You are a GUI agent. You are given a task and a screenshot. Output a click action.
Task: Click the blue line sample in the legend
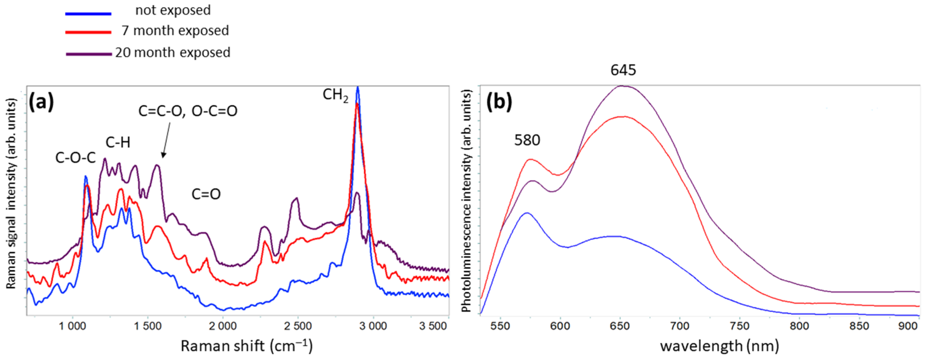[x=88, y=14]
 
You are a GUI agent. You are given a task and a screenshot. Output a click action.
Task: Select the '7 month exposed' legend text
[x=175, y=31]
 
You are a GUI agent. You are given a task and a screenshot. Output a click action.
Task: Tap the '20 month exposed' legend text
[x=173, y=53]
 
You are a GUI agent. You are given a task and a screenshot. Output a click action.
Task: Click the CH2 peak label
[x=335, y=95]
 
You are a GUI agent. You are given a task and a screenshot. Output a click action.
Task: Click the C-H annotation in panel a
[x=118, y=143]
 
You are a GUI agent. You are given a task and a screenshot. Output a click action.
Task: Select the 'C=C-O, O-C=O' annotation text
[x=188, y=111]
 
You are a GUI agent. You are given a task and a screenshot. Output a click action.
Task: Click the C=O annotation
[x=206, y=194]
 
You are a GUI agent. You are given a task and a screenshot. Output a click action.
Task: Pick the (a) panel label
[x=41, y=102]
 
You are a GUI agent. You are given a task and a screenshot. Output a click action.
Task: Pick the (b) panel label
[x=499, y=102]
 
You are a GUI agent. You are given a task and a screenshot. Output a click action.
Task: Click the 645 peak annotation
[x=623, y=70]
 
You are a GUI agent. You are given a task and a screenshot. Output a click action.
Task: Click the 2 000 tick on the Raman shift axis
[x=223, y=327]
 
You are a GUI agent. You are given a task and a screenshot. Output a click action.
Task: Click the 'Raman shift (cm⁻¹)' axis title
[x=246, y=346]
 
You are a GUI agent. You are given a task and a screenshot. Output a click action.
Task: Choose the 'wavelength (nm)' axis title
[x=720, y=346]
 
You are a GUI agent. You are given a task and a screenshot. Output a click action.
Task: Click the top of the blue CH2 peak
[x=357, y=87]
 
